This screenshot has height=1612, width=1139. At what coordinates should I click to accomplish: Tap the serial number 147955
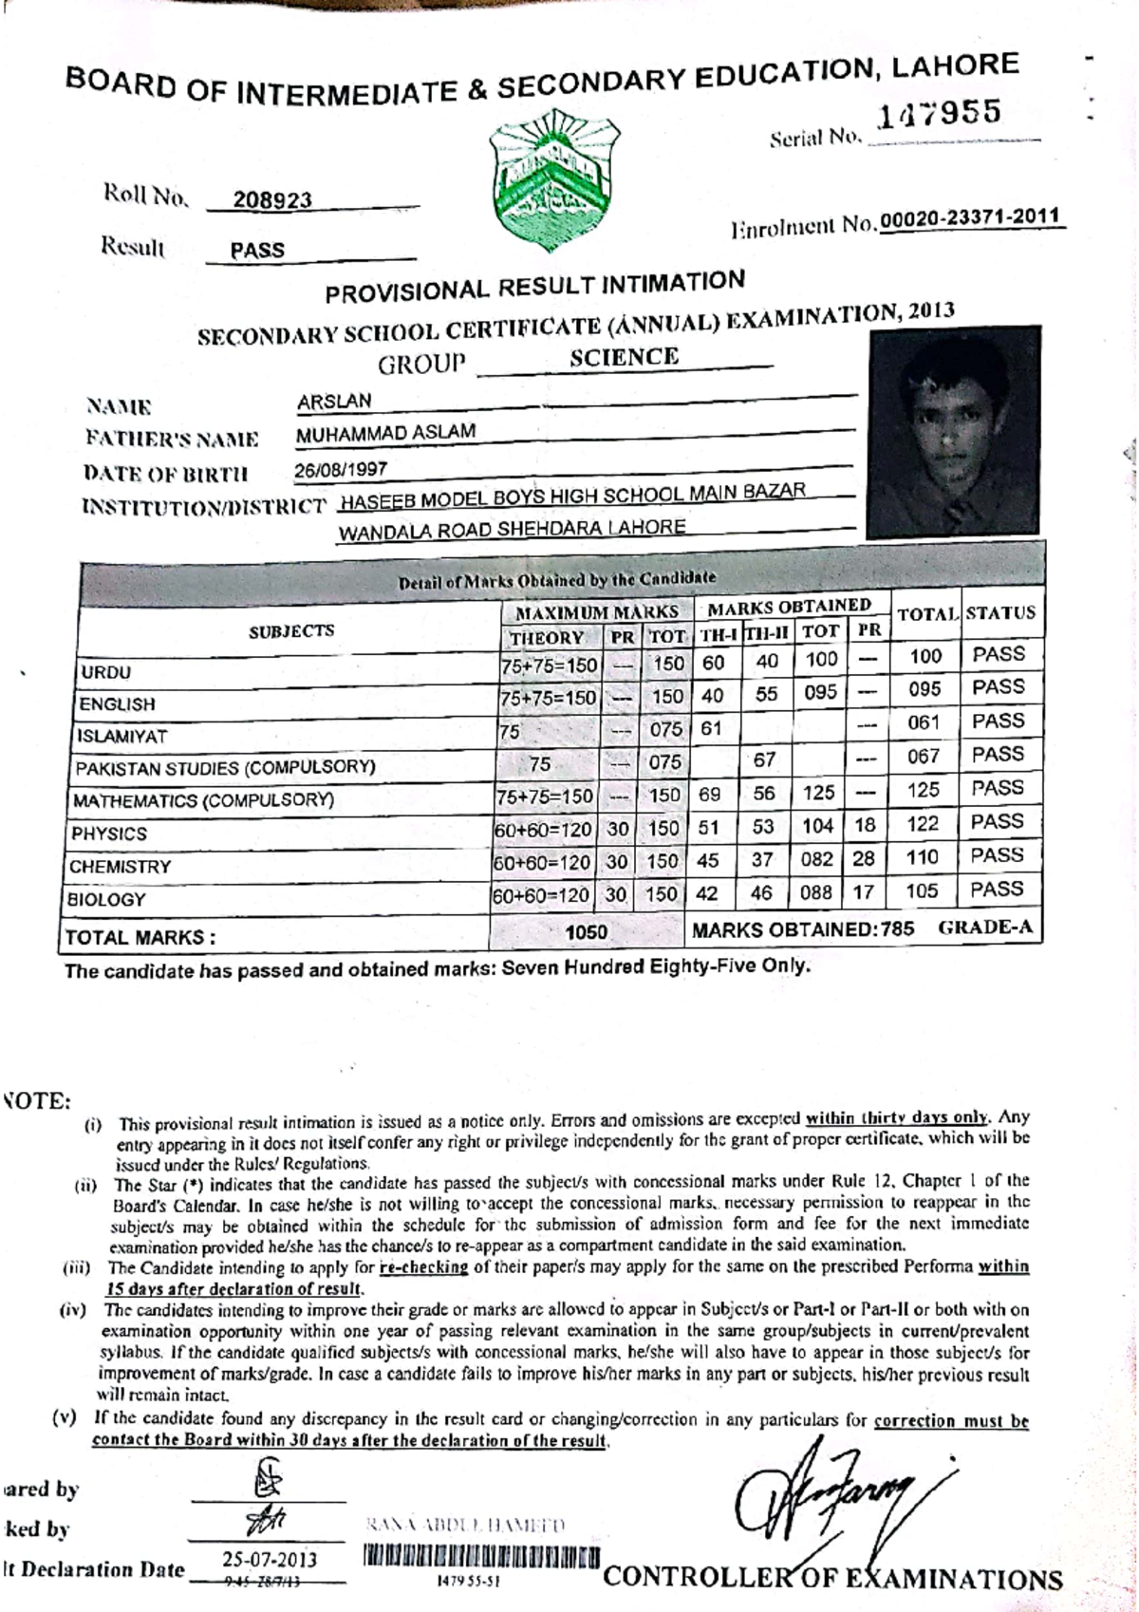(x=939, y=114)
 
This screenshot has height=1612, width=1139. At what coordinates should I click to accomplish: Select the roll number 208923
(x=272, y=199)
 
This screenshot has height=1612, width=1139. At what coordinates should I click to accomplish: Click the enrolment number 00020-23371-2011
(x=969, y=217)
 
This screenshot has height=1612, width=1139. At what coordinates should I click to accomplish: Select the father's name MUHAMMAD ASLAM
(x=385, y=433)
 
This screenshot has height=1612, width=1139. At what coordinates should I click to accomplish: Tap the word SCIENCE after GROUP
(x=624, y=357)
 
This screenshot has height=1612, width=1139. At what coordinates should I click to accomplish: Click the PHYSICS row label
(x=109, y=834)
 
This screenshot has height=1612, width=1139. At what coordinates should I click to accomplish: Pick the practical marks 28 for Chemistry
(x=864, y=858)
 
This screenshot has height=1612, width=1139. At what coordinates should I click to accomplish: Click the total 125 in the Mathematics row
(x=923, y=790)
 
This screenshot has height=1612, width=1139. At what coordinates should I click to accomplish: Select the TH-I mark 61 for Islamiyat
(x=711, y=728)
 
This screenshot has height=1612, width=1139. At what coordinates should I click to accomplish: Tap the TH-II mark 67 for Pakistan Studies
(x=765, y=759)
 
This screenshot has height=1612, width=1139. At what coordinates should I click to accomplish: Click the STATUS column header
(x=1000, y=613)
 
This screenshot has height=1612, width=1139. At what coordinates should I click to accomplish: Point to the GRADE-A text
(x=984, y=928)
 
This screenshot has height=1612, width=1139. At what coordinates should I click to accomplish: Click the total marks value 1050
(x=586, y=932)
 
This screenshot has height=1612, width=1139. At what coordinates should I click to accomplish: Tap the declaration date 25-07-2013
(x=270, y=1560)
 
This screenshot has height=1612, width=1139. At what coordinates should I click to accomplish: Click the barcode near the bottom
(x=481, y=1558)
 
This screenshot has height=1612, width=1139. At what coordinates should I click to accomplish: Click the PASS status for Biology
(x=997, y=890)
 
